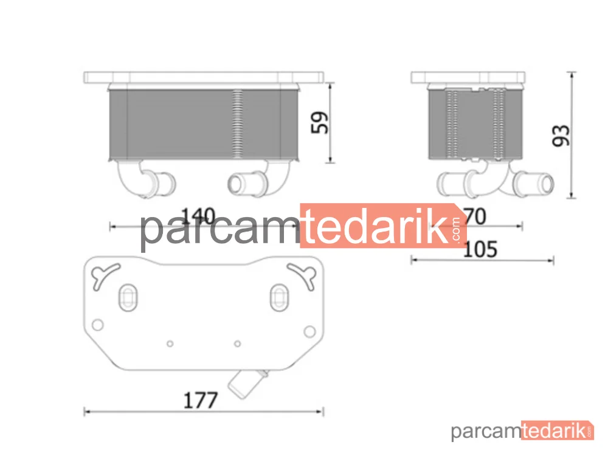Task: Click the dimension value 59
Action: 320,123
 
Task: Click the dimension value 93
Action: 561,136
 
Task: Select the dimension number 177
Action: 200,400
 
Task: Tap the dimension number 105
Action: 480,249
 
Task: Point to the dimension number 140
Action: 198,216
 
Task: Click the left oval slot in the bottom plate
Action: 128,297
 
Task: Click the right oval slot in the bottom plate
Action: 279,297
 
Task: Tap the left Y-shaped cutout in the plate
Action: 104,275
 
